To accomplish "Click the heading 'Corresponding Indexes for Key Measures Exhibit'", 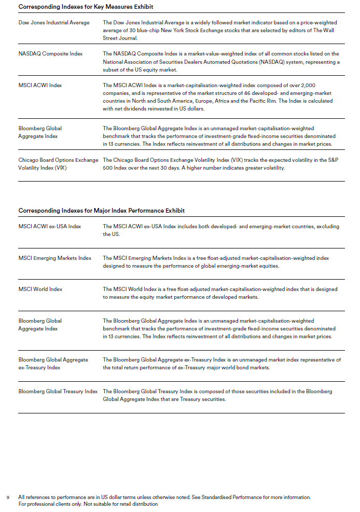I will (x=86, y=7).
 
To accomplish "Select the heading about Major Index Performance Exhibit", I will (x=101, y=211).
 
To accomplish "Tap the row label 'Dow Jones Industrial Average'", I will (x=54, y=23).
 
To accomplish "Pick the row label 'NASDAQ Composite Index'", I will (x=50, y=54).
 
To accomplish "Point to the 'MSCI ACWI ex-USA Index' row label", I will (x=50, y=227).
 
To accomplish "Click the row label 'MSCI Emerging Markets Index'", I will (x=55, y=258).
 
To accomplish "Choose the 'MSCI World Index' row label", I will (x=40, y=289).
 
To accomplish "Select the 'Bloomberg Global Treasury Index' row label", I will (x=58, y=392).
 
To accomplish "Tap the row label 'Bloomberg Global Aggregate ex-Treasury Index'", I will (x=53, y=364).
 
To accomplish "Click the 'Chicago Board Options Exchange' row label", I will (x=58, y=160).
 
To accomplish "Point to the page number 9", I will (x=8, y=497).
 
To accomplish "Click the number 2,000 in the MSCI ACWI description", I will (x=323, y=85).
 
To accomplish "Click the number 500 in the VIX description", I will (x=109, y=168).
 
